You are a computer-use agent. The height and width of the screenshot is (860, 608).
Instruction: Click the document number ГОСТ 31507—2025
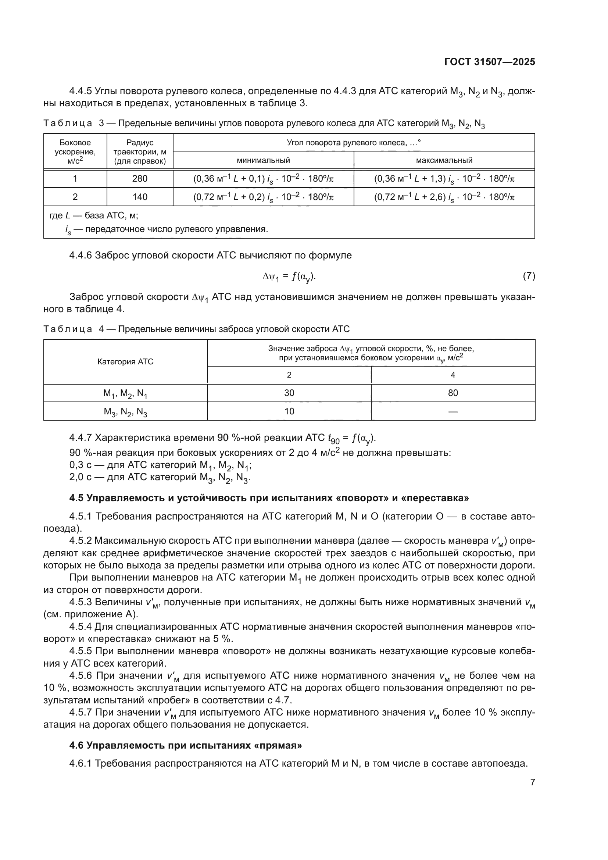point(489,62)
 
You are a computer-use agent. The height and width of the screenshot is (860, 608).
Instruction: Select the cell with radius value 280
point(140,179)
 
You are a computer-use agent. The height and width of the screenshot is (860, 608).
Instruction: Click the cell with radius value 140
point(140,197)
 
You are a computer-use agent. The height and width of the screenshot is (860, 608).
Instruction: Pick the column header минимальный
point(263,160)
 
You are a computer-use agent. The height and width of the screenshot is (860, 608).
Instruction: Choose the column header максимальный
point(444,160)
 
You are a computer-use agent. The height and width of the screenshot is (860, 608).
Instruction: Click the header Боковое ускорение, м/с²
point(75,151)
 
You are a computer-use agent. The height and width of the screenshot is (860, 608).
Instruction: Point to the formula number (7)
point(529,276)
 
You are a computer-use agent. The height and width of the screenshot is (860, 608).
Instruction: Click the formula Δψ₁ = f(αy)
point(289,277)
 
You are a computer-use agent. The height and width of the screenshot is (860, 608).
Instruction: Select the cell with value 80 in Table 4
point(453,393)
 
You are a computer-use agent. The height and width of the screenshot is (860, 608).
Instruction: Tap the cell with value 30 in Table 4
point(289,393)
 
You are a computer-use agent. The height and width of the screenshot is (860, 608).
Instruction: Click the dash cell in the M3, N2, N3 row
point(453,412)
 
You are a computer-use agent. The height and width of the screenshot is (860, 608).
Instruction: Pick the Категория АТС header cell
point(125,362)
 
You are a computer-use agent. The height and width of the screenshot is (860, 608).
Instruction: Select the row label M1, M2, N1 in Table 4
point(125,393)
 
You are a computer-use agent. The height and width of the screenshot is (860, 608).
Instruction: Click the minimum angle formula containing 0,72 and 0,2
point(263,197)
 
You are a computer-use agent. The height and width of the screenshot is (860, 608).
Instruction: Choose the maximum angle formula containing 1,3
point(444,179)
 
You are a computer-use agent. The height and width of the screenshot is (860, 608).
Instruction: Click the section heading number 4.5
point(76,498)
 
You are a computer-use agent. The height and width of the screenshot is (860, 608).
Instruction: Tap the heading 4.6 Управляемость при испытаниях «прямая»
point(186,745)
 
